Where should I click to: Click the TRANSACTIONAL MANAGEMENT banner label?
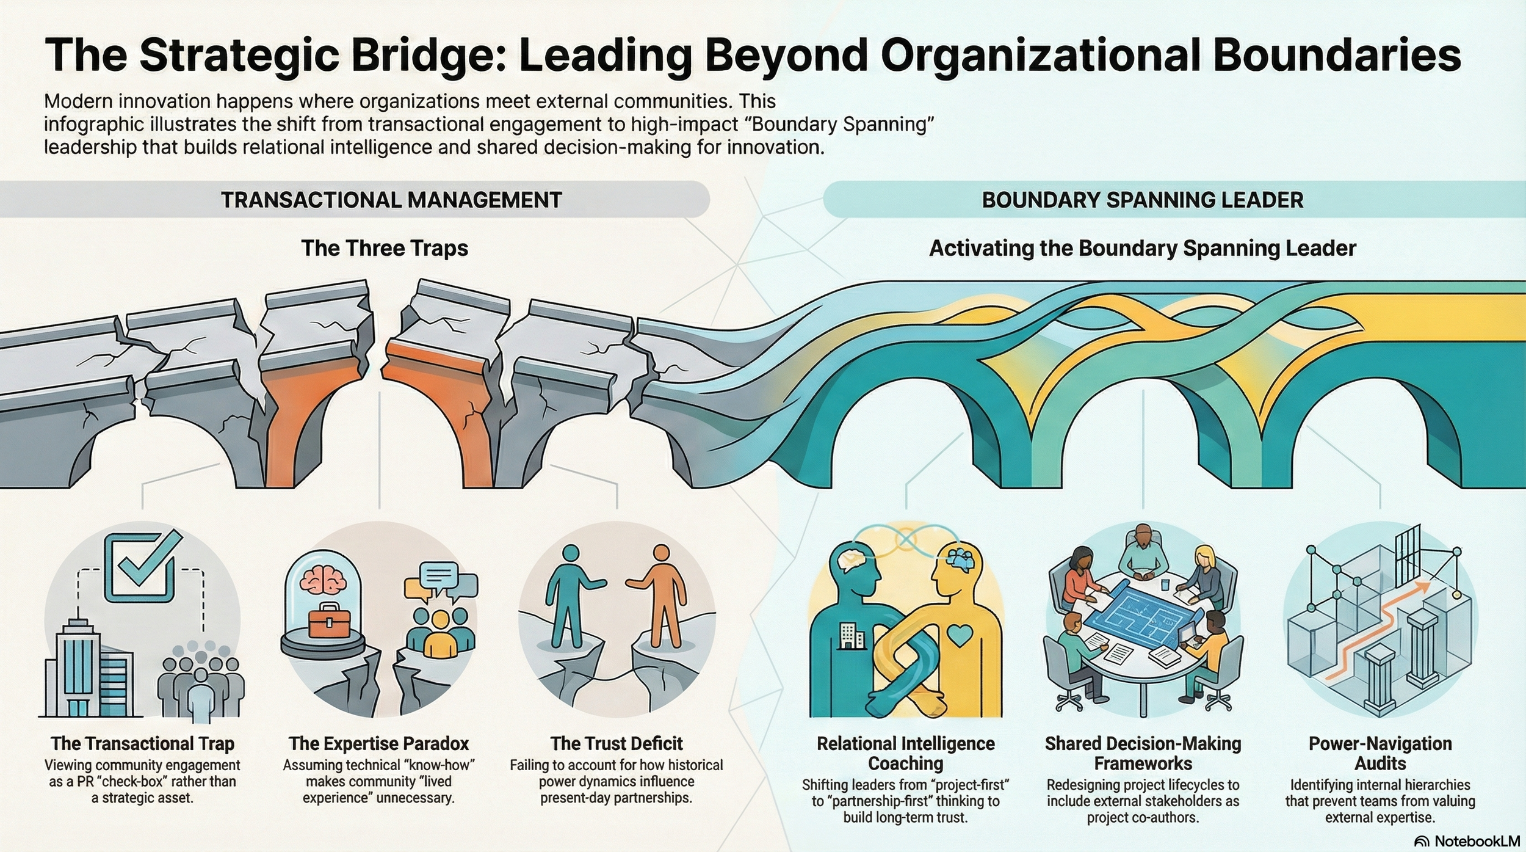[391, 200]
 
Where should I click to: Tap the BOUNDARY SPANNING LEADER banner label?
[1142, 200]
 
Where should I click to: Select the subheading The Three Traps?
[385, 249]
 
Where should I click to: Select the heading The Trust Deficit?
[616, 743]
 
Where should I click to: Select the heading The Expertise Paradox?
[378, 743]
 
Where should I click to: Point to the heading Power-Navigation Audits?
[1380, 753]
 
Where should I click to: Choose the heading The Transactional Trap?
[142, 743]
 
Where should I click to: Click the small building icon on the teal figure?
[852, 635]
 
